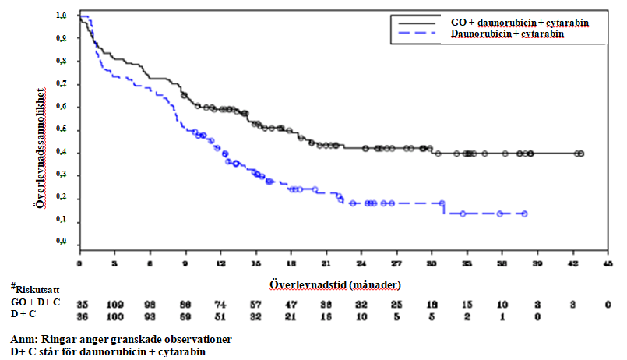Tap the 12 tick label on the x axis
[x=221, y=263]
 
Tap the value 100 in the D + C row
[x=115, y=315]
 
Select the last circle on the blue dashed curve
[x=524, y=214]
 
